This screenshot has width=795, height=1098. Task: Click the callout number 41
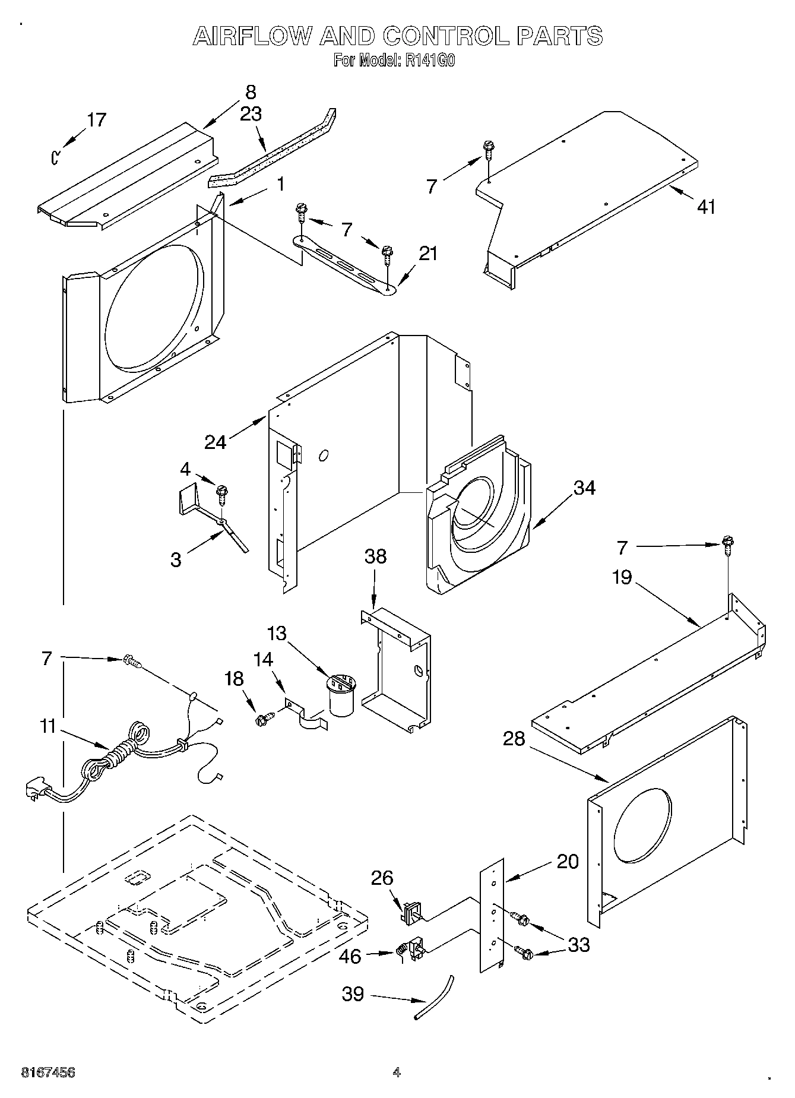point(705,207)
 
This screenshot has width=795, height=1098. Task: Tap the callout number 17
point(96,120)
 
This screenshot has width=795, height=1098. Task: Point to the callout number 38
point(375,556)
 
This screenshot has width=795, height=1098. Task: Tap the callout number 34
point(584,488)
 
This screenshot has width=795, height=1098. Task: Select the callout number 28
point(514,739)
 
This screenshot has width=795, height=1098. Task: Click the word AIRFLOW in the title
point(252,37)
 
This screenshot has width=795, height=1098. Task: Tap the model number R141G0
point(430,60)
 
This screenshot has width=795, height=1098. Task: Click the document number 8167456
point(48,1072)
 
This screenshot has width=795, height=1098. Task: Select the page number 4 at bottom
point(397,1072)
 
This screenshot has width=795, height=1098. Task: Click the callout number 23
point(251,113)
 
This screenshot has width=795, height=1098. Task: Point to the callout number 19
point(622,577)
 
